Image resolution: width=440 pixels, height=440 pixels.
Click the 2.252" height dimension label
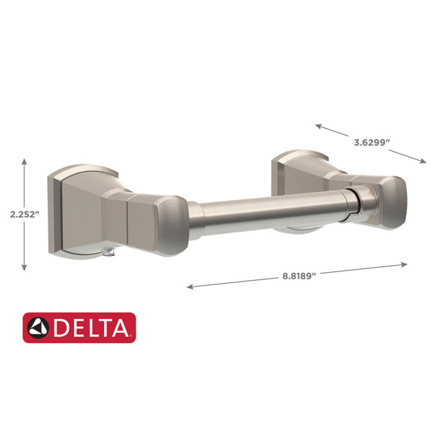tap(24, 215)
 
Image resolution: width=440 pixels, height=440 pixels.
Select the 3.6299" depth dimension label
tap(372, 142)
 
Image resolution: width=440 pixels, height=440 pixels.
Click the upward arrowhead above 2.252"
tap(24, 161)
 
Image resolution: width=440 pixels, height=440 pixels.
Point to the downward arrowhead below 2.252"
tap(24, 268)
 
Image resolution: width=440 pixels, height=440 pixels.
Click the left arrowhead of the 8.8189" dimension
tap(190, 286)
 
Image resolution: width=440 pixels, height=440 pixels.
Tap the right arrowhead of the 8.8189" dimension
tap(404, 264)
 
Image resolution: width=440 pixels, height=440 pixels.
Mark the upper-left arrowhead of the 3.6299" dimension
tap(318, 126)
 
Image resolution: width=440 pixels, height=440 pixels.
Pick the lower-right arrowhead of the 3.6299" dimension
tap(423, 161)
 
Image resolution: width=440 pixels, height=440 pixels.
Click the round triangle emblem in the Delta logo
tap(38, 328)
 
